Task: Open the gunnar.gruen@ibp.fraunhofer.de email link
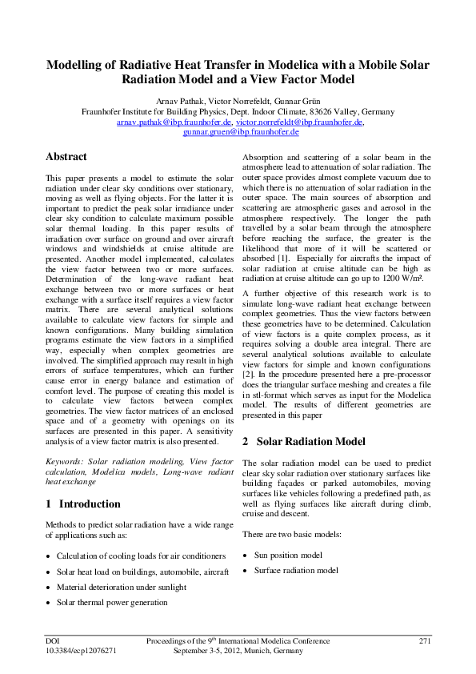click(x=241, y=132)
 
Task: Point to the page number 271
click(x=425, y=641)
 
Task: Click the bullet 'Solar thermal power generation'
click(x=112, y=603)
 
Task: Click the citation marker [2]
click(x=248, y=374)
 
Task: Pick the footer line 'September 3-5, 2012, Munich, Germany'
click(x=238, y=652)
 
